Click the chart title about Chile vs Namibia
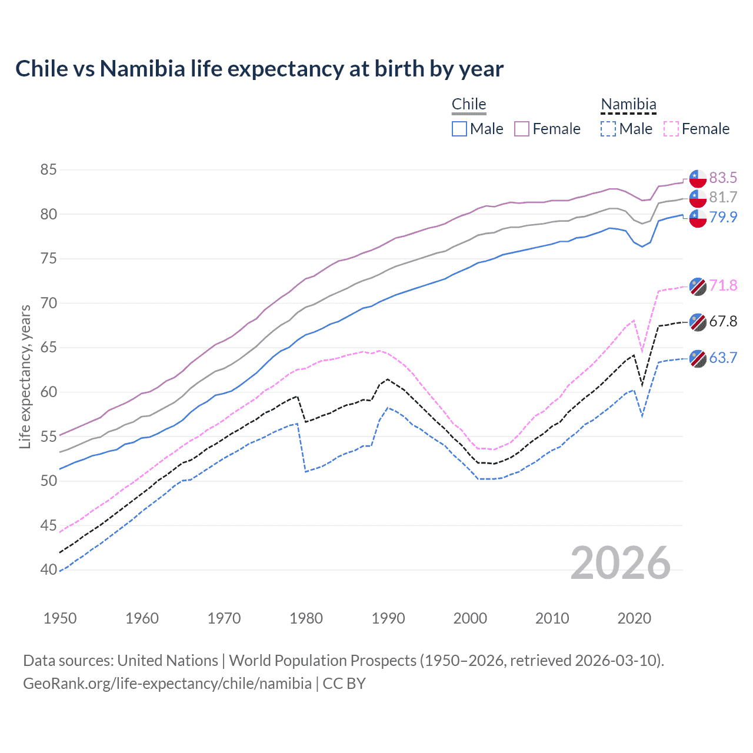(x=259, y=69)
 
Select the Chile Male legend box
(x=459, y=129)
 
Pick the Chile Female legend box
(x=522, y=129)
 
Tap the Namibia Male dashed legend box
(x=608, y=129)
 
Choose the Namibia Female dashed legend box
(x=671, y=129)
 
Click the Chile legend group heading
(x=469, y=104)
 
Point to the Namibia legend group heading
(x=628, y=104)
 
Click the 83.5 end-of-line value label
(x=723, y=178)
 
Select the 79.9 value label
(x=723, y=217)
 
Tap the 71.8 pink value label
(x=723, y=286)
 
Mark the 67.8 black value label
(x=723, y=321)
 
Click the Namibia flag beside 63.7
(x=698, y=358)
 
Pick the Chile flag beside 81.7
(x=698, y=198)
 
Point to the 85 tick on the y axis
(x=49, y=170)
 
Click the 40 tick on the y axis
(x=49, y=569)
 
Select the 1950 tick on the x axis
(x=60, y=618)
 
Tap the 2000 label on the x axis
(x=470, y=618)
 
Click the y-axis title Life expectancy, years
(x=25, y=376)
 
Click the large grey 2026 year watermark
(x=621, y=563)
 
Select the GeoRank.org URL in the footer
(x=167, y=684)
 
